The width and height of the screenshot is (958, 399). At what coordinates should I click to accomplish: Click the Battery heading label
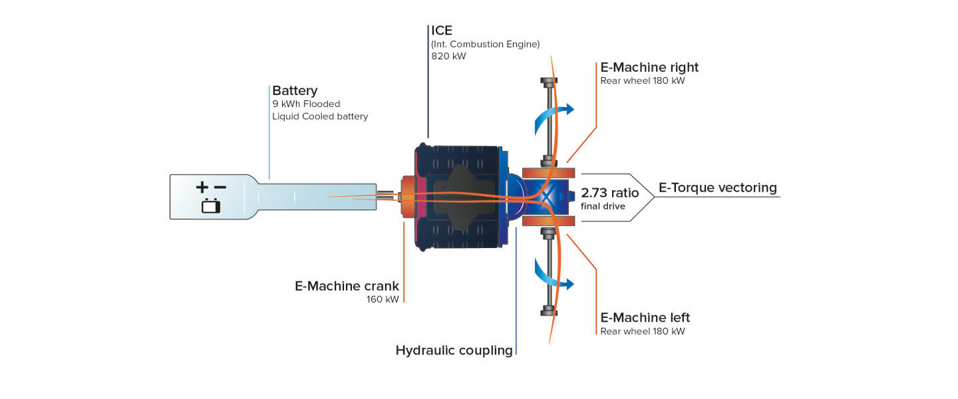[295, 90]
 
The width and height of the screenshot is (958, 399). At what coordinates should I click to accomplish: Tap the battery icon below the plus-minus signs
[211, 206]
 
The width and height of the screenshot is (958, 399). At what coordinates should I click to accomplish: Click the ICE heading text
[442, 31]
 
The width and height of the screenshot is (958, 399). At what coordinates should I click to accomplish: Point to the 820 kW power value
[449, 57]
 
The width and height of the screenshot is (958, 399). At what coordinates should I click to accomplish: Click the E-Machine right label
[649, 67]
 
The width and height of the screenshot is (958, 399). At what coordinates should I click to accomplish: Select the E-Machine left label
[645, 317]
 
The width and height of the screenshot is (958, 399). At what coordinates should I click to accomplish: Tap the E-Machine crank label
[347, 286]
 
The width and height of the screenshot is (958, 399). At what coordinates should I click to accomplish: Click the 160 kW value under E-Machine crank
[383, 299]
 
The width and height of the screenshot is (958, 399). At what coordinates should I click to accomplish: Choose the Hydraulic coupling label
[454, 350]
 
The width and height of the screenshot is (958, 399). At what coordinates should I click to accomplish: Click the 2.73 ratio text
[609, 193]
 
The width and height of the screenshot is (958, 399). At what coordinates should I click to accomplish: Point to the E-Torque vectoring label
[717, 188]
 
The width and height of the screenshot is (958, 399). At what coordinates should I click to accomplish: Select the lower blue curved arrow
[550, 276]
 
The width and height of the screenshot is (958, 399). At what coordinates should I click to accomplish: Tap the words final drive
[603, 206]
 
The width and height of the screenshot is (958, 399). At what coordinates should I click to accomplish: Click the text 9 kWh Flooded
[306, 104]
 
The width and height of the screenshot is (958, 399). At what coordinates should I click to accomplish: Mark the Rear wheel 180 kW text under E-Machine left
[642, 331]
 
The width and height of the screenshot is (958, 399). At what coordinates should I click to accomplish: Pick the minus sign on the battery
[220, 188]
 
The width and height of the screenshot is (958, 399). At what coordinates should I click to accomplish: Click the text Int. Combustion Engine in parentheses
[485, 44]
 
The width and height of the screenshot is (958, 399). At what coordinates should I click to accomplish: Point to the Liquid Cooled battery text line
[320, 116]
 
